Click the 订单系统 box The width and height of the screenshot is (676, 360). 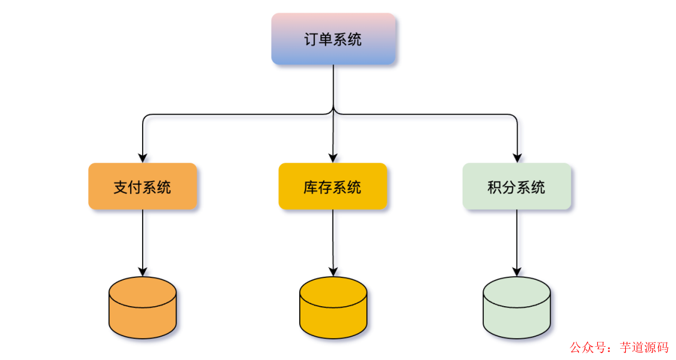[333, 39]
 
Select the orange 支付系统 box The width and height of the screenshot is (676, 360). [143, 187]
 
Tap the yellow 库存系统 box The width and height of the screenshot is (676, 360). [332, 187]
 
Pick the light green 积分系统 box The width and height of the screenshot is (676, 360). [516, 187]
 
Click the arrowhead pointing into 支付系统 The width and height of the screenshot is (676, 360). [143, 158]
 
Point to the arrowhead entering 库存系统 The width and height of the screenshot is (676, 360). [332, 158]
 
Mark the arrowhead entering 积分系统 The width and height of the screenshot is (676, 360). [517, 158]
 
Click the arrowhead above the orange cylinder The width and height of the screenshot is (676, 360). [143, 271]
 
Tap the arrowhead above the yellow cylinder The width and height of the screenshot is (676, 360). [333, 271]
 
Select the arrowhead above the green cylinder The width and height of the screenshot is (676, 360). [517, 271]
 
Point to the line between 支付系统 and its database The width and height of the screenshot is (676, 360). [143, 238]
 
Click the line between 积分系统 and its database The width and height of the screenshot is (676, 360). [517, 238]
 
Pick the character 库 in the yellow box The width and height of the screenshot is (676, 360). [311, 187]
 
